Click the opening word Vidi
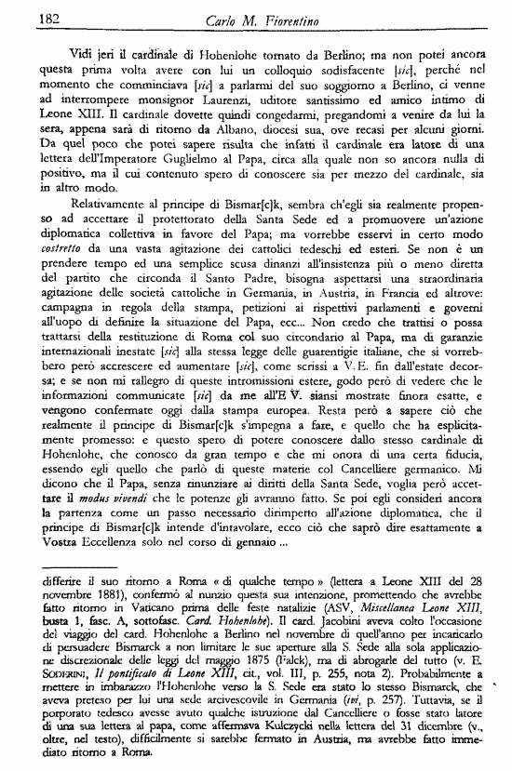click(x=85, y=54)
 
